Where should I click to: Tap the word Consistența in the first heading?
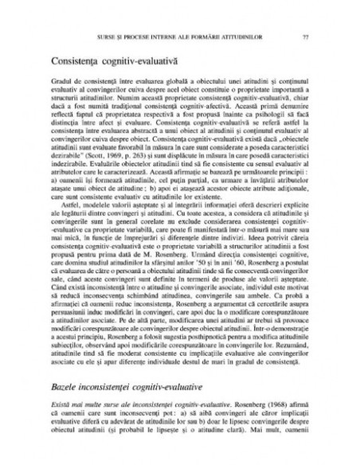coord(75,59)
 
